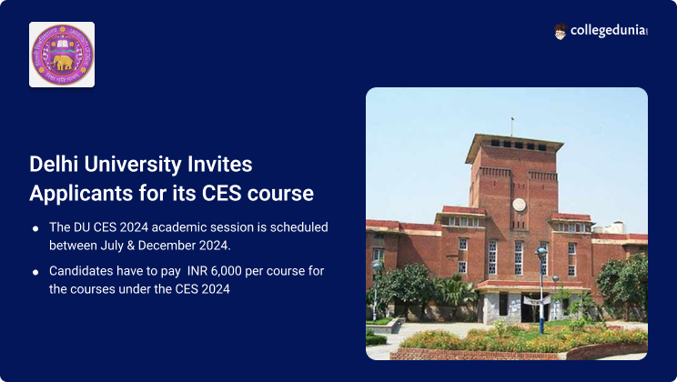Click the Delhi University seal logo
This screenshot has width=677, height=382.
point(62,55)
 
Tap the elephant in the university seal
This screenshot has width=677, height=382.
point(63,63)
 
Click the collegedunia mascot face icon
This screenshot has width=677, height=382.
point(560,32)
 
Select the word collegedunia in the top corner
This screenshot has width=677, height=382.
point(609,31)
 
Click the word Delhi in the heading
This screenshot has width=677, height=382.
point(55,164)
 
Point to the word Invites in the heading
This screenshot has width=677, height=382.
point(220,164)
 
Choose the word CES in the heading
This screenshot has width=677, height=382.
point(221,193)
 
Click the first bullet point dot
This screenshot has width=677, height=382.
point(35,228)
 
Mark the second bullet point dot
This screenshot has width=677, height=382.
point(35,272)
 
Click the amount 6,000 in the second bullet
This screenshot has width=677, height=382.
point(226,271)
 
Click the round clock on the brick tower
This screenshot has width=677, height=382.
point(519,204)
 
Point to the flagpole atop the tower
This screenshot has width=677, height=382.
point(512,127)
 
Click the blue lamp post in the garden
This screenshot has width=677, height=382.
point(541,289)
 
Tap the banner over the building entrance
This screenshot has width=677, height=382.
point(537,300)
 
